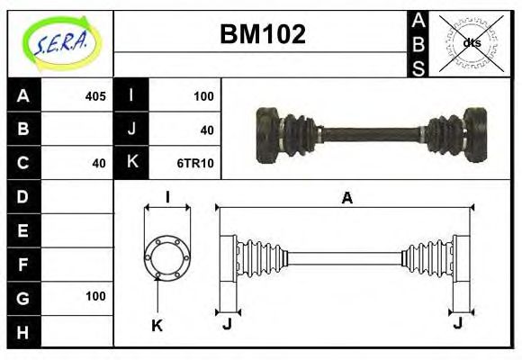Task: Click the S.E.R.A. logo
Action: pyautogui.click(x=60, y=42)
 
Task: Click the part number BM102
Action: pyautogui.click(x=263, y=35)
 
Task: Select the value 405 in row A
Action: pyautogui.click(x=95, y=95)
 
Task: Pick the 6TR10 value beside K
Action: pyautogui.click(x=197, y=163)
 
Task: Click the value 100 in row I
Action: pyautogui.click(x=202, y=95)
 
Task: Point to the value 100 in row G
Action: pyautogui.click(x=95, y=296)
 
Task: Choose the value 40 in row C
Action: pyautogui.click(x=99, y=163)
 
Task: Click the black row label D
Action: pyautogui.click(x=23, y=196)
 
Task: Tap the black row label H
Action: pyautogui.click(x=23, y=331)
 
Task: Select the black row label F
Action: pyautogui.click(x=23, y=264)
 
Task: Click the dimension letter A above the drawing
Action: pyautogui.click(x=346, y=198)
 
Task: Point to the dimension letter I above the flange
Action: pyautogui.click(x=167, y=198)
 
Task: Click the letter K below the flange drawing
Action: pyautogui.click(x=157, y=326)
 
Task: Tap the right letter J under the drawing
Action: pyautogui.click(x=459, y=323)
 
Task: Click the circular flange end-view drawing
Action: pyautogui.click(x=167, y=256)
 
